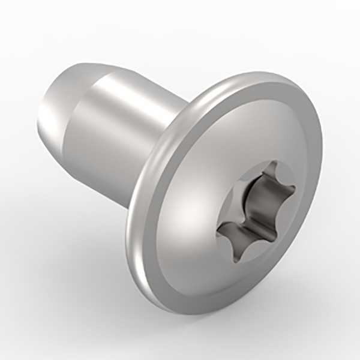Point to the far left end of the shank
click(37, 120)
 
